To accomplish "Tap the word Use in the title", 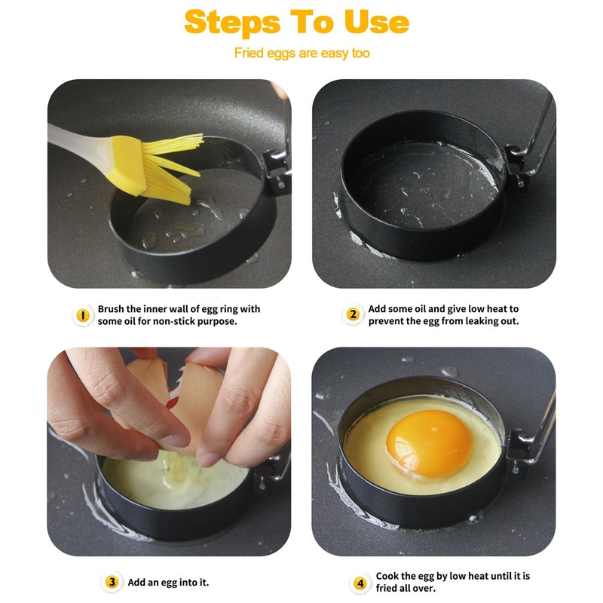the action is pos(376,22).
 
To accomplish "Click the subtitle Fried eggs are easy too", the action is pos(302,53).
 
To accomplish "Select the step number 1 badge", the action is pos(83,315).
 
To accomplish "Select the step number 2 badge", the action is pos(353,314).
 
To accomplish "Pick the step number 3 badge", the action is pos(112,582).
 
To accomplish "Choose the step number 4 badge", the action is pos(360,583).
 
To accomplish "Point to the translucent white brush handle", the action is pos(79,142).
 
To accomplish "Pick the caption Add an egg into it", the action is pos(168,582).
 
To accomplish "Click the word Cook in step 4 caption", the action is pos(386,576).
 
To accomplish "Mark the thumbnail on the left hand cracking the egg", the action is pos(176,440).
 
